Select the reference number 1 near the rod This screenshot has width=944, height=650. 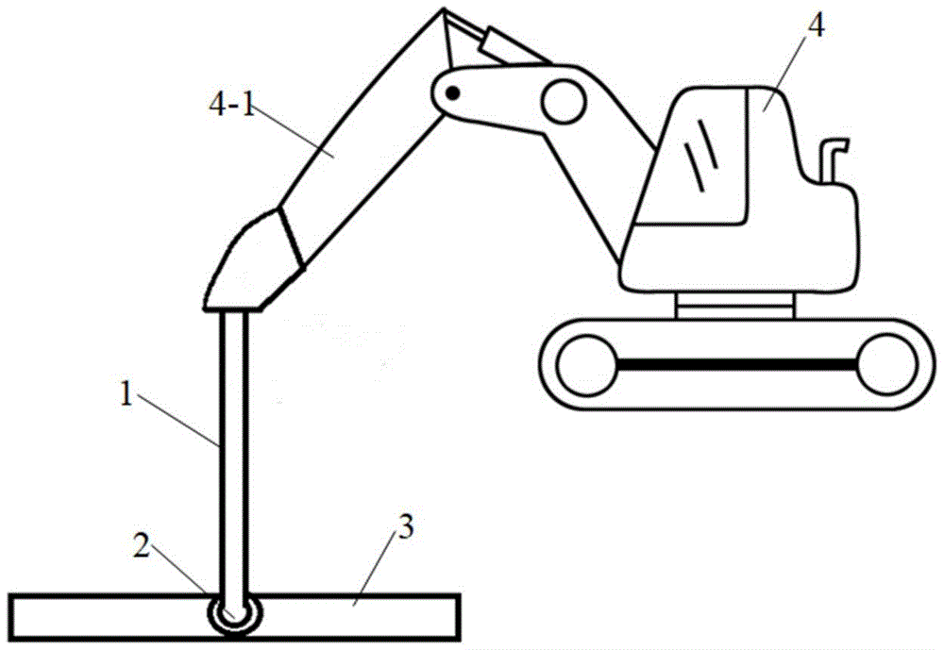(126, 394)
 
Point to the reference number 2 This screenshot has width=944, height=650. (141, 546)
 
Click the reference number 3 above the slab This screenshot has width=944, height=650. (406, 527)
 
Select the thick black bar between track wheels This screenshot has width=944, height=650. (737, 364)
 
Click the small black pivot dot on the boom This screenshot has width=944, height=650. (453, 93)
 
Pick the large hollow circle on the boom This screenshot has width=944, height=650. (564, 101)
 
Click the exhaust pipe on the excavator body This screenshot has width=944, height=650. (832, 159)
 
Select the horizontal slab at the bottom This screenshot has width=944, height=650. (235, 617)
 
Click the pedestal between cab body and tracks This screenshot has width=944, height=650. (735, 305)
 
